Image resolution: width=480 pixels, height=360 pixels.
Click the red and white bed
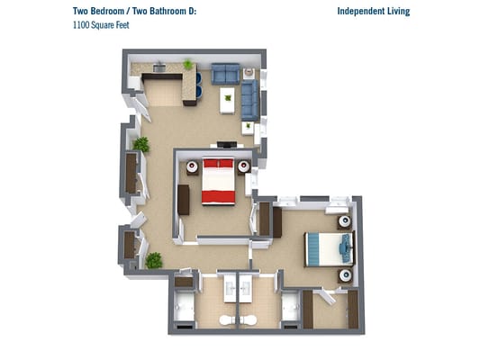tap(218, 182)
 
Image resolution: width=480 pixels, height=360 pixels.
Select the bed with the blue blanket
tap(330, 249)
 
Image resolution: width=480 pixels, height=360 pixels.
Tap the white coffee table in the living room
tap(228, 101)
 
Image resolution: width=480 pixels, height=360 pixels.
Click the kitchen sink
tap(159, 67)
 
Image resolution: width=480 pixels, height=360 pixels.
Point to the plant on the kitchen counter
tap(187, 65)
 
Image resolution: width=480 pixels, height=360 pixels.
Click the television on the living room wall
tap(227, 144)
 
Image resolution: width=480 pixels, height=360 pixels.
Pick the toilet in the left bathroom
tap(227, 320)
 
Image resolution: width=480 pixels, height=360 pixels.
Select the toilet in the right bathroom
tap(249, 320)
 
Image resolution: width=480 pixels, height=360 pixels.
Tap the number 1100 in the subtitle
tap(79, 25)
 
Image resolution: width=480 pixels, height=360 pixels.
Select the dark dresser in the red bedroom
tap(184, 200)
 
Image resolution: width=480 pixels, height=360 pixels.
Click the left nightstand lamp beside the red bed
tap(192, 166)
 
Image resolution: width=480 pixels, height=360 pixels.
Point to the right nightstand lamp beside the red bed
tap(244, 166)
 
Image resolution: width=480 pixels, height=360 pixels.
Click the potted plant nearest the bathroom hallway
tap(154, 261)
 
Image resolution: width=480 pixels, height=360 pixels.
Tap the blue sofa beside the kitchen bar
tap(225, 74)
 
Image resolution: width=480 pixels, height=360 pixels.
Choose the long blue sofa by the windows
tap(249, 100)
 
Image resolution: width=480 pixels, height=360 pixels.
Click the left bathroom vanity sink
tap(230, 288)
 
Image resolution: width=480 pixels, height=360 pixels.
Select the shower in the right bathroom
tap(290, 307)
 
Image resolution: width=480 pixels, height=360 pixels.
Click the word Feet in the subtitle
tap(122, 25)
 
